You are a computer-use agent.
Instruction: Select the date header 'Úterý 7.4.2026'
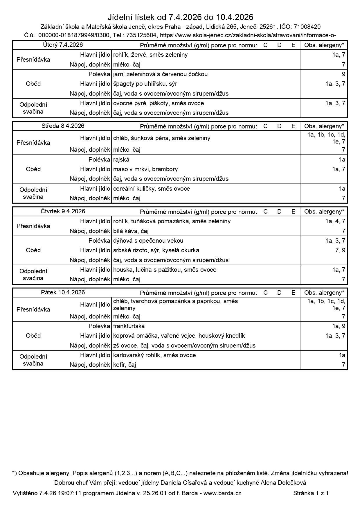point(63,45)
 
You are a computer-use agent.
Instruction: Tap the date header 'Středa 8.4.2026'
point(63,126)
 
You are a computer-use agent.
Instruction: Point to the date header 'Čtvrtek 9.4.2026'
point(63,211)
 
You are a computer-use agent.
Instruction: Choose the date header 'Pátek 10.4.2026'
point(63,292)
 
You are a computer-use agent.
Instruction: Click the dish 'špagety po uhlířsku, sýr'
point(145,84)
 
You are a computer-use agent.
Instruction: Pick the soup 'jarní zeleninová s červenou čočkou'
point(160,74)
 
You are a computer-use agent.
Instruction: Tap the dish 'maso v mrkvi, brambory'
point(145,169)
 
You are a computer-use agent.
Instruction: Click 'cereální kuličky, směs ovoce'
point(152,189)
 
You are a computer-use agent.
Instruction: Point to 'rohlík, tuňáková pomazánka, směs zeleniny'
point(172,221)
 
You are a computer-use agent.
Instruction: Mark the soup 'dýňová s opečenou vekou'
point(148,241)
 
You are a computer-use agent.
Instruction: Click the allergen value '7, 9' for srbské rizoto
point(340,250)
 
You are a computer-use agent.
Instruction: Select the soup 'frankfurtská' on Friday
point(129,326)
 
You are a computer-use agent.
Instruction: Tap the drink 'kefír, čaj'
point(125,365)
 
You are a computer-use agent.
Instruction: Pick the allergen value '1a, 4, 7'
point(335,221)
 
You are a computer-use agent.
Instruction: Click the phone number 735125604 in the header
point(142,35)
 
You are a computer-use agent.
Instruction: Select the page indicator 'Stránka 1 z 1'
point(311,493)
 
